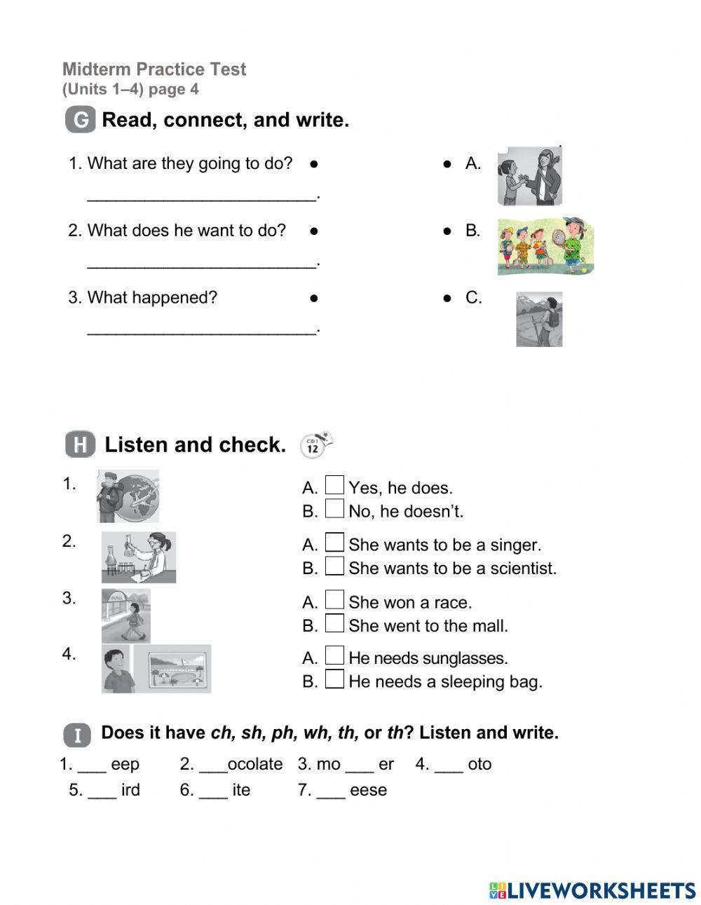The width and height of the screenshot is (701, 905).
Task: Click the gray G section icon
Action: point(80,121)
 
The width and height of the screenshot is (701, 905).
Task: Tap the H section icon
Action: point(80,445)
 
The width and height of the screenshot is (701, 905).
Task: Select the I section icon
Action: point(77,735)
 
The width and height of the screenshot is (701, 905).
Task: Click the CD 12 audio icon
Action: point(315,445)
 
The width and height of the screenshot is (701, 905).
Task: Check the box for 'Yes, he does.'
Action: point(335,485)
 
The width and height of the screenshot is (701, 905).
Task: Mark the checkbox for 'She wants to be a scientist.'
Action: point(335,566)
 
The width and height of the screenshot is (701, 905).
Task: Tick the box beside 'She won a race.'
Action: point(335,600)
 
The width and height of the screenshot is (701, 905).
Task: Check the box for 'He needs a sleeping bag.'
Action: point(335,679)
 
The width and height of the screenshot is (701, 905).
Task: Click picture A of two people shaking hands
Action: point(530,176)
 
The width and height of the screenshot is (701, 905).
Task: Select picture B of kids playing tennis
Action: point(545,246)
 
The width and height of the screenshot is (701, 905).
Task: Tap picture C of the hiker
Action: point(539,319)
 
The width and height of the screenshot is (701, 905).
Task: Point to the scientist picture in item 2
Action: point(139,557)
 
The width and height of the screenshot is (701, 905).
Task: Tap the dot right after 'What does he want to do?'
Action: point(314,231)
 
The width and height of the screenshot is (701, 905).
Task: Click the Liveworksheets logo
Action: point(592,890)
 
